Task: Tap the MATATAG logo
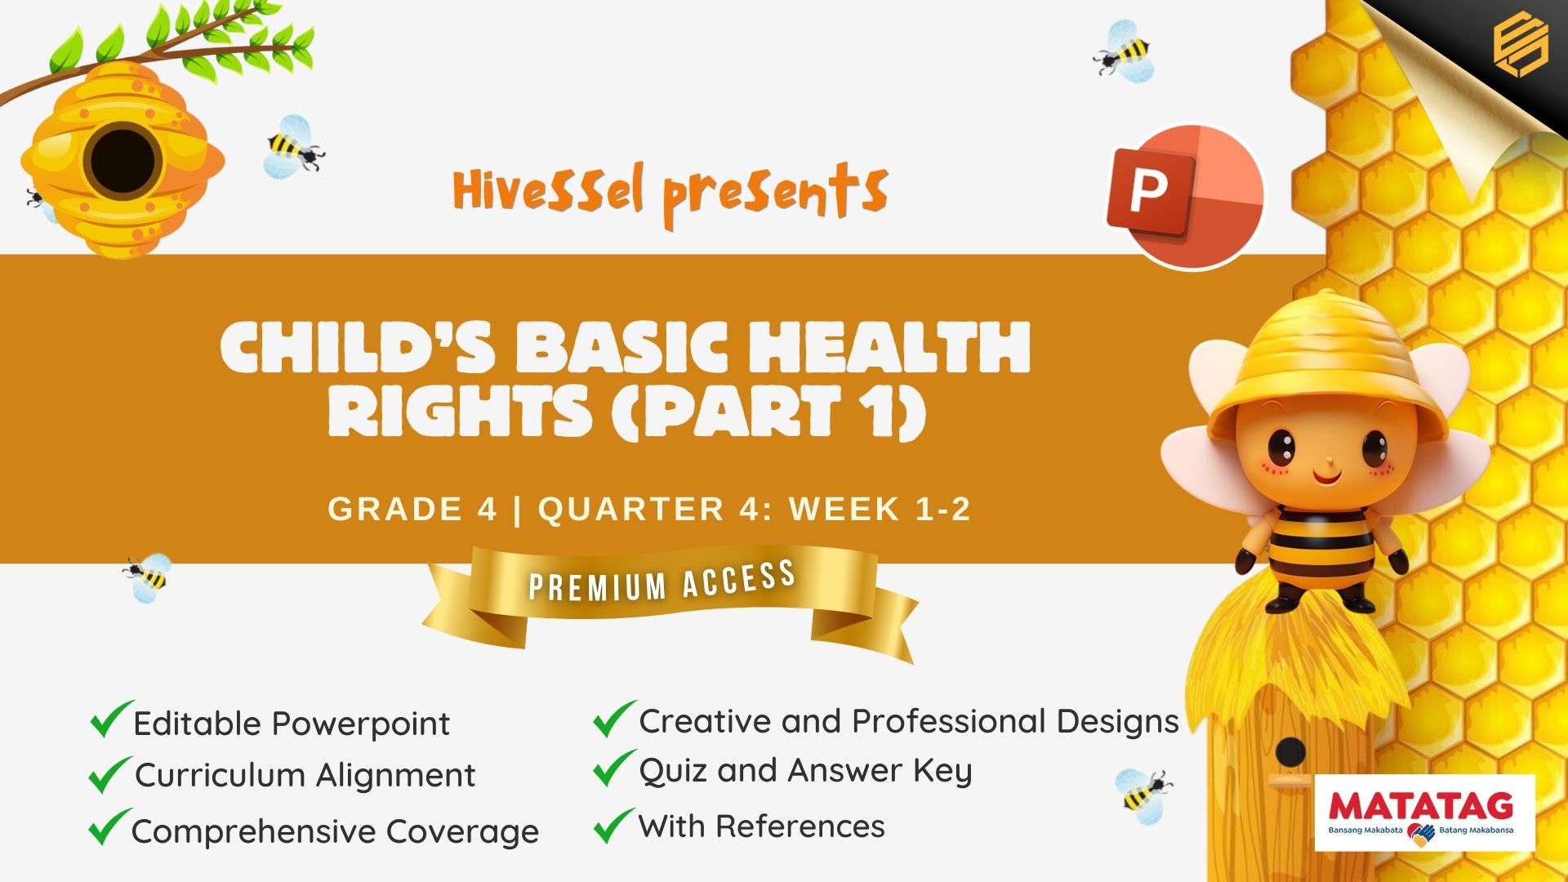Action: pos(1425,813)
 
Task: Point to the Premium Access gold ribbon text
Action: pos(662,581)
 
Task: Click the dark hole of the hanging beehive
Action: pos(123,160)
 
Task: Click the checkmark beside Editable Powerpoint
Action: pos(111,719)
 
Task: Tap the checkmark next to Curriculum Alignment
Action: pos(110,774)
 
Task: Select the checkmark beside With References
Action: pos(614,825)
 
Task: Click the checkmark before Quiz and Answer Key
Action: pos(614,768)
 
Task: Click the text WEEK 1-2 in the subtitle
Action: pos(880,509)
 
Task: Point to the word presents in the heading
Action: pos(775,193)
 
